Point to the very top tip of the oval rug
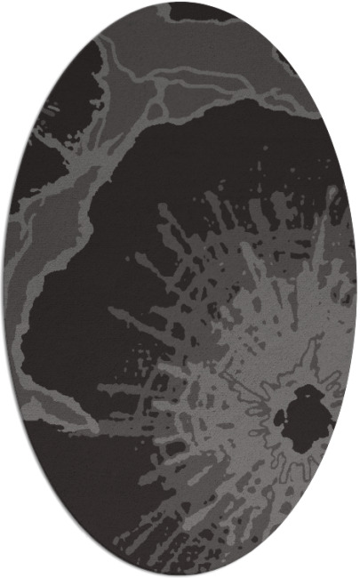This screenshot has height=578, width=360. coord(180,3)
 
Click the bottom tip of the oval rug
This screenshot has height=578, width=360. coord(180,575)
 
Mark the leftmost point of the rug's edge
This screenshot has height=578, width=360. coord(3,289)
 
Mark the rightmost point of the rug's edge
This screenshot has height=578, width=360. coord(357,289)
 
